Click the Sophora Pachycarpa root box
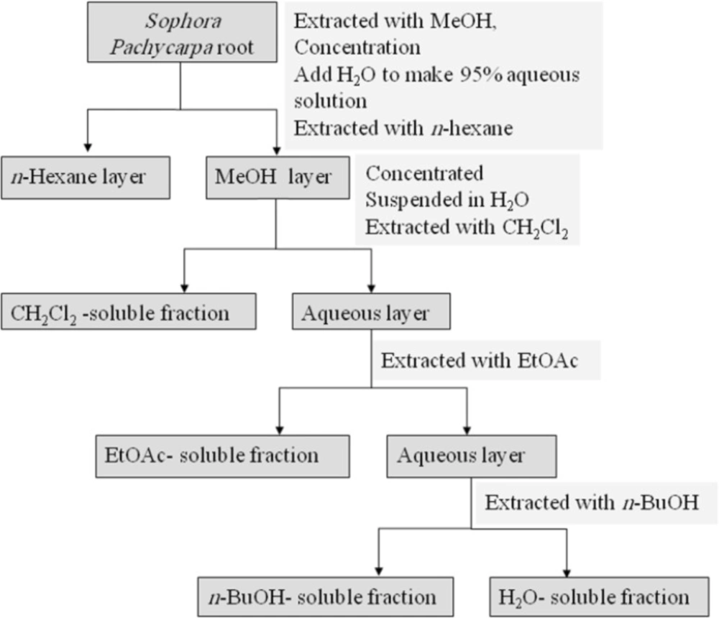pyautogui.click(x=182, y=32)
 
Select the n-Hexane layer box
pyautogui.click(x=86, y=178)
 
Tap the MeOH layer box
pyautogui.click(x=278, y=178)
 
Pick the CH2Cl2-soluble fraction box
pyautogui.click(x=129, y=312)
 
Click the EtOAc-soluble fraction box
pyautogui.click(x=223, y=456)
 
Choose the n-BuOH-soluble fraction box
pyautogui.click(x=326, y=597)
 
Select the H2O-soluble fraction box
pyautogui.click(x=600, y=597)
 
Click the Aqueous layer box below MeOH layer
pyautogui.click(x=372, y=312)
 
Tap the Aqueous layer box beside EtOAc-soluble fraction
pyautogui.click(x=472, y=456)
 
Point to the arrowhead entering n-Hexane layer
pyautogui.click(x=88, y=147)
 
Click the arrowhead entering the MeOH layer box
pyautogui.click(x=277, y=150)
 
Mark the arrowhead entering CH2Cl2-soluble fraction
pyautogui.click(x=184, y=288)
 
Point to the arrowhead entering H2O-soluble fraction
pyautogui.click(x=567, y=572)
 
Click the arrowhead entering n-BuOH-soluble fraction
pyautogui.click(x=379, y=571)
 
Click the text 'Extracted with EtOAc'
pyautogui.click(x=479, y=361)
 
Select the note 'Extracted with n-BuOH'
pyautogui.click(x=592, y=503)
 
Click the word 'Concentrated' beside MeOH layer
pyautogui.click(x=424, y=173)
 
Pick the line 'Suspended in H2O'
pyautogui.click(x=447, y=200)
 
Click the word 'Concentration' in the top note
pyautogui.click(x=357, y=47)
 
